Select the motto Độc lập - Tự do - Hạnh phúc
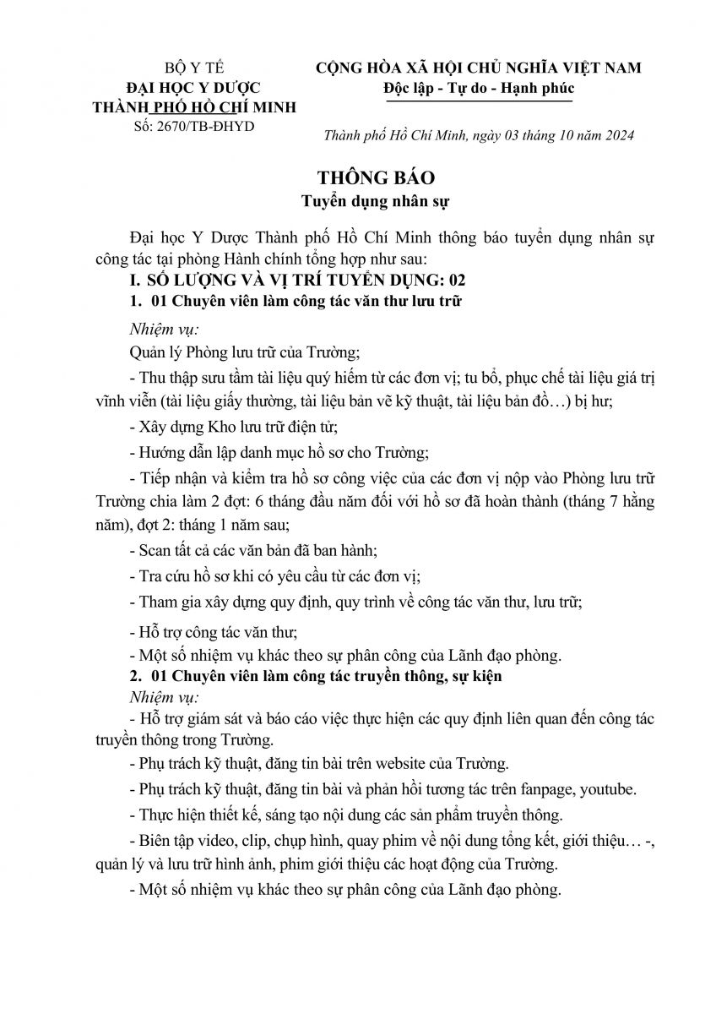coord(478,87)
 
